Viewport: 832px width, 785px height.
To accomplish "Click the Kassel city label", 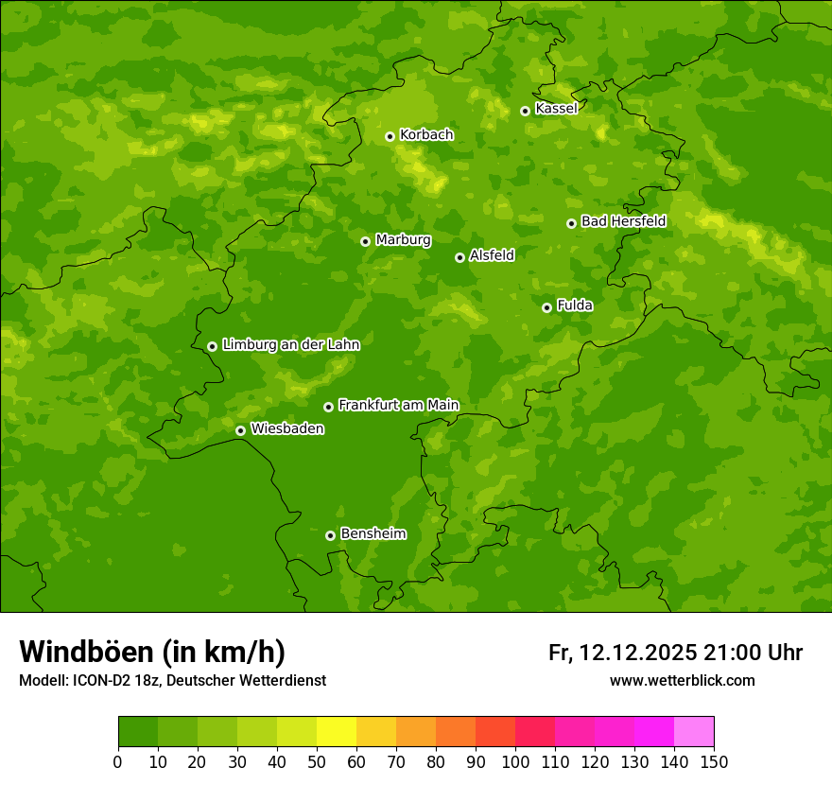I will click(x=556, y=109).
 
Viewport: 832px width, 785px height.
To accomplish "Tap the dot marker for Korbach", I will click(x=390, y=136).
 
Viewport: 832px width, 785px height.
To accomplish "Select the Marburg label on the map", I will click(x=403, y=239).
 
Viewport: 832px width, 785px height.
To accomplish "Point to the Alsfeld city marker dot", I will click(x=459, y=257).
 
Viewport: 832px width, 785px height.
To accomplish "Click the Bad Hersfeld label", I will click(x=623, y=221).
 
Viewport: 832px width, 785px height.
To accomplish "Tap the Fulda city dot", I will click(x=546, y=307).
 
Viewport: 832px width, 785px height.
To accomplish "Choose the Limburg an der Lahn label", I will click(x=290, y=344).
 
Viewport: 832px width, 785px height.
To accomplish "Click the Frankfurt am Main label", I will click(x=398, y=405).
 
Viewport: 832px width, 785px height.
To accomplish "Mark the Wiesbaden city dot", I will click(x=240, y=430).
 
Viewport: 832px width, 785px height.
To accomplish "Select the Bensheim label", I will click(x=373, y=533).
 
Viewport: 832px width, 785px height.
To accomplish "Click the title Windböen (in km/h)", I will click(x=152, y=652).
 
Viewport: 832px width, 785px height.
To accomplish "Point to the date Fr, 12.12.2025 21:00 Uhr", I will click(x=675, y=653).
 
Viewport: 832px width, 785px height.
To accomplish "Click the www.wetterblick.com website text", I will click(x=682, y=680).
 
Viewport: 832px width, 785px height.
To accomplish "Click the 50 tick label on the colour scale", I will click(x=317, y=762).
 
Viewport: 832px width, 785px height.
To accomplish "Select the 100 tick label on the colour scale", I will click(x=515, y=762).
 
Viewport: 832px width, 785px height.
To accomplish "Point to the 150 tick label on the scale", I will click(x=714, y=762).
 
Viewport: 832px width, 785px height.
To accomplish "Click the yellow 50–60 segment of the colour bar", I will click(x=337, y=732).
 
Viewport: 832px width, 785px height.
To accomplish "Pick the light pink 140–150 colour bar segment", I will click(x=694, y=732).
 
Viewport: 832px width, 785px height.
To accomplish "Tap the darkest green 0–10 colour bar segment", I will click(x=138, y=732).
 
